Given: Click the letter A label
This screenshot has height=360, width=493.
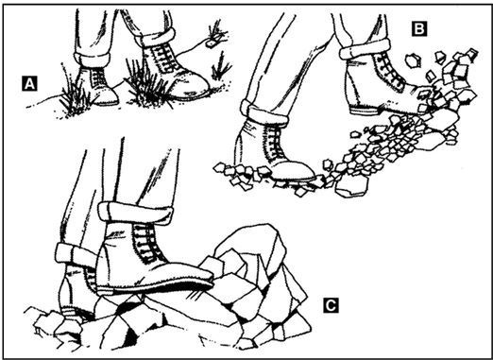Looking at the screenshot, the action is coord(29,83).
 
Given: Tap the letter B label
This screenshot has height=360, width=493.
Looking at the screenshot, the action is coord(419,28).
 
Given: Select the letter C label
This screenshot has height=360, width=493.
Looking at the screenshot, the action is coord(331,305).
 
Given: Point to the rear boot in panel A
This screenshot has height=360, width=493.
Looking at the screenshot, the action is coord(97,85).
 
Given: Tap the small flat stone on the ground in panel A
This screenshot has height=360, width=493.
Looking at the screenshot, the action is coord(211,43).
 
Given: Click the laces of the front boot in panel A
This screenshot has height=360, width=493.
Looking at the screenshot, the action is coord(164,59).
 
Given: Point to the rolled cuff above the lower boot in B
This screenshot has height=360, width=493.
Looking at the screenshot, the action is coord(263,112).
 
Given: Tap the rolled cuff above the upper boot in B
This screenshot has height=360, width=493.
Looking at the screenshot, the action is coord(365,48).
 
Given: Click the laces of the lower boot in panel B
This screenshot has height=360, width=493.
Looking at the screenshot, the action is coord(275,142).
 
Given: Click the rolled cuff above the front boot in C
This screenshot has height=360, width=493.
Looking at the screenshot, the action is coord(135,213).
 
